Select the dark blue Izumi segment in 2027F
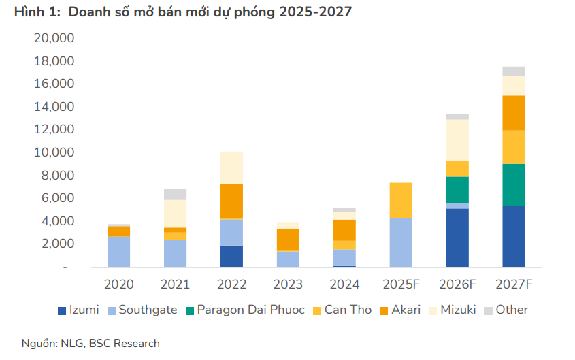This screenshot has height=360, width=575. [x=514, y=236]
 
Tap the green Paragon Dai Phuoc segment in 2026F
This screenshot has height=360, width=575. [x=457, y=190]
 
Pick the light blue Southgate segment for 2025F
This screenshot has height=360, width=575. [x=400, y=242]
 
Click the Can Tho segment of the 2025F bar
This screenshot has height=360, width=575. [x=400, y=200]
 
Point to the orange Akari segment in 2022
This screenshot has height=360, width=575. [x=231, y=201]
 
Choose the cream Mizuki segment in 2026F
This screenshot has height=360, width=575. [x=457, y=140]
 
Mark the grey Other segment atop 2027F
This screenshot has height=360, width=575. [x=514, y=71]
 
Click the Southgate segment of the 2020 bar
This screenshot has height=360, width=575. [x=118, y=251]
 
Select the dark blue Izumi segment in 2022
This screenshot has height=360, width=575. [x=231, y=256]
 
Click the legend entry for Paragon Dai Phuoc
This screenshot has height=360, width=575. [x=245, y=310]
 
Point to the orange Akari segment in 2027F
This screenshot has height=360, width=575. [x=514, y=112]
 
